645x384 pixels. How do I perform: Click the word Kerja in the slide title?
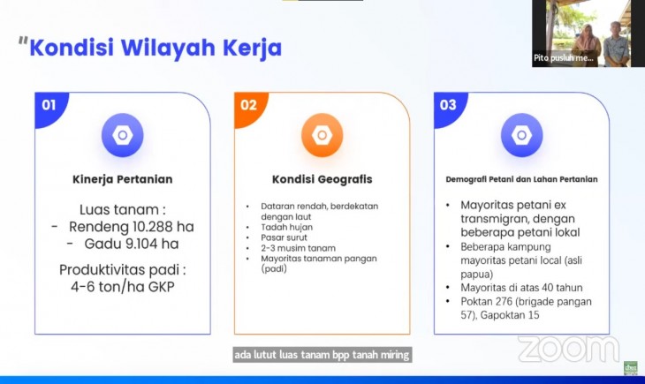pyautogui.click(x=252, y=49)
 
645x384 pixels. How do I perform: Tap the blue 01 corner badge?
pyautogui.click(x=49, y=107)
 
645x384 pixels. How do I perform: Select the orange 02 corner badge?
pyautogui.click(x=249, y=107)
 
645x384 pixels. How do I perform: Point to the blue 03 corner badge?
pyautogui.click(x=448, y=107)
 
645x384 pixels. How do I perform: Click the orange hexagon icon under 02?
pyautogui.click(x=322, y=135)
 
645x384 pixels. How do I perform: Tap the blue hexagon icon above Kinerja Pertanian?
pyautogui.click(x=123, y=135)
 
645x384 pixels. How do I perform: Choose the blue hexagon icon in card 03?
pyautogui.click(x=521, y=135)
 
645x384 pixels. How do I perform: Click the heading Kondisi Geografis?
pyautogui.click(x=322, y=179)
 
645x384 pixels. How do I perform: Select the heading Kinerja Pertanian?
pyautogui.click(x=123, y=179)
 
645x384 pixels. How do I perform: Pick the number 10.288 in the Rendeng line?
pyautogui.click(x=152, y=227)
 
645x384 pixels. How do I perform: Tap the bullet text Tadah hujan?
pyautogui.click(x=286, y=228)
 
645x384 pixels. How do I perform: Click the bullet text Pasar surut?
pyautogui.click(x=284, y=237)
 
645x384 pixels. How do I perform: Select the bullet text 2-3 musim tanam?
pyautogui.click(x=299, y=248)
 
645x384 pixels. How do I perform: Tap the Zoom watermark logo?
pyautogui.click(x=568, y=349)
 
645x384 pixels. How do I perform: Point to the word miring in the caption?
pyautogui.click(x=395, y=355)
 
